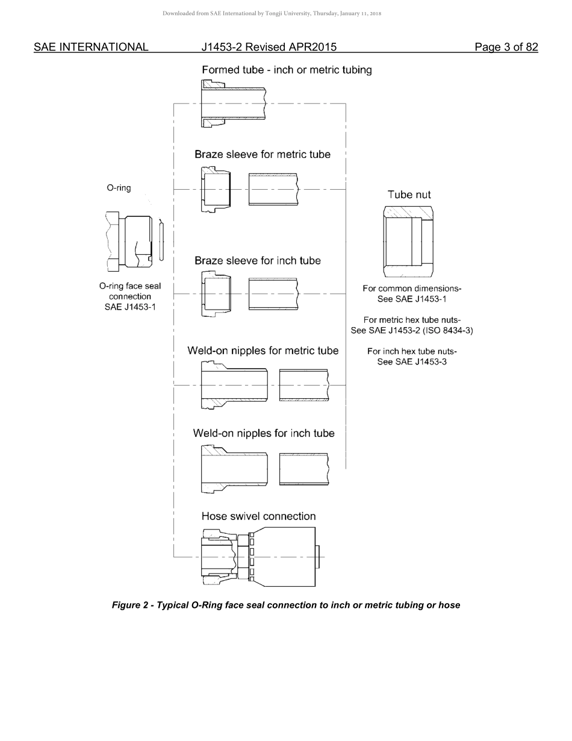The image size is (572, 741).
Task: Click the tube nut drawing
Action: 408,242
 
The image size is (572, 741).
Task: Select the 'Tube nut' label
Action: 409,195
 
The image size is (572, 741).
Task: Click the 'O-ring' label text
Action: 119,188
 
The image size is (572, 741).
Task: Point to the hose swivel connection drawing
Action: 259,557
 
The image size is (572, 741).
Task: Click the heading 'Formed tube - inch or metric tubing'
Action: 287,70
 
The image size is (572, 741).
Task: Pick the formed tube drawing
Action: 234,104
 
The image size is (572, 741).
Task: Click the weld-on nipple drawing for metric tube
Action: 234,384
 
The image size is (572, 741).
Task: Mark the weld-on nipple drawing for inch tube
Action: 234,469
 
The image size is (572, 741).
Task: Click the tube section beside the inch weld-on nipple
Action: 304,469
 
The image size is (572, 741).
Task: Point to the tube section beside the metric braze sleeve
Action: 273,189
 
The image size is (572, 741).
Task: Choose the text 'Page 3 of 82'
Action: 506,47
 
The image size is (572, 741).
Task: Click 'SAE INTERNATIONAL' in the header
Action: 91,47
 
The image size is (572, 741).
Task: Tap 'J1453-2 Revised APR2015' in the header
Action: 269,47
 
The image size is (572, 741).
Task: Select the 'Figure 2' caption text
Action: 286,605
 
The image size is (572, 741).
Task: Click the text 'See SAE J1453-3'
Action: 412,362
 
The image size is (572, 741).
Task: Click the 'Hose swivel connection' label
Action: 258,516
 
